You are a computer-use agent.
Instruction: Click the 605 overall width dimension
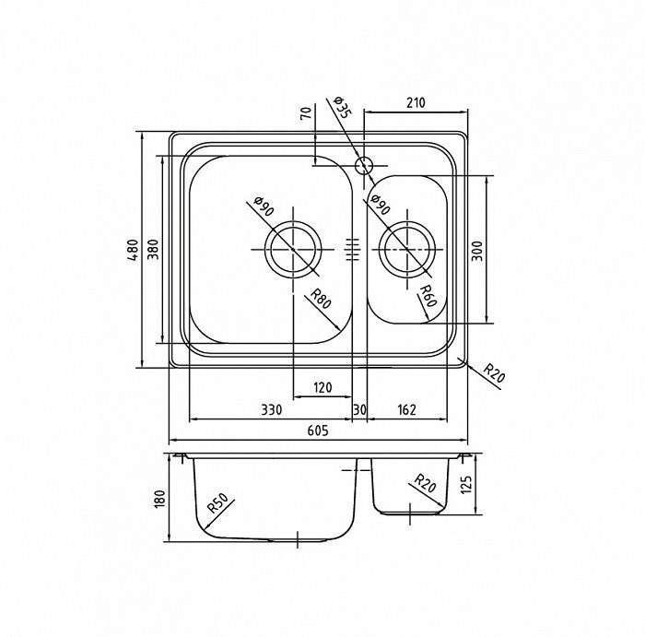318,431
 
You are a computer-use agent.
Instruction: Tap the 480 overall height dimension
133,250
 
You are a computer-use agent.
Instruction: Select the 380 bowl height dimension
153,250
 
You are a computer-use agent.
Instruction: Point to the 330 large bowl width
272,410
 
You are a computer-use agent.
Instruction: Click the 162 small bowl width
407,410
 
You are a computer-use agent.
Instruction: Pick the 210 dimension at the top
416,102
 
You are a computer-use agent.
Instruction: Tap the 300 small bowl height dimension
477,251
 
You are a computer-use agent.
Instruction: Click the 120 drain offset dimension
322,387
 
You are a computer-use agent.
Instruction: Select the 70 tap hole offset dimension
306,112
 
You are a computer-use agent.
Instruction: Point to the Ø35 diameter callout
342,107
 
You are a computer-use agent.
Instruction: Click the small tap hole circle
364,165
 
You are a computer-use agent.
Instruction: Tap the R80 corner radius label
321,299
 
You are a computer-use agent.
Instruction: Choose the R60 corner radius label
427,296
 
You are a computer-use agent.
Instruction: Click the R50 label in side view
217,502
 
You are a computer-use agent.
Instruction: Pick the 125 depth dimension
466,485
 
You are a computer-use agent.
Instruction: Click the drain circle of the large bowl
293,221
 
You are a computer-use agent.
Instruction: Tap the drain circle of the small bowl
407,222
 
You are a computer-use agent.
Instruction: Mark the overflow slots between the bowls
353,250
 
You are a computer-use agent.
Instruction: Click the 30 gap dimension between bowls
359,410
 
